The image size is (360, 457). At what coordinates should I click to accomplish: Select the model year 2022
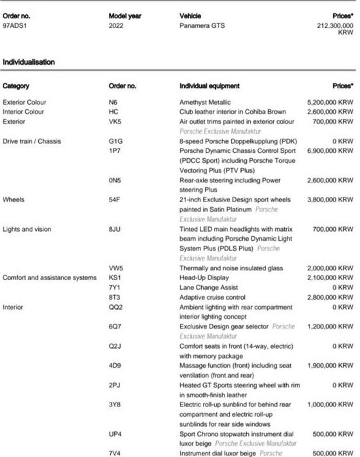(x=116, y=26)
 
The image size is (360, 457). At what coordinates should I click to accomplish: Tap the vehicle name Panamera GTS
(x=202, y=26)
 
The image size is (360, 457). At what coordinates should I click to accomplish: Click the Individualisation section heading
(x=29, y=62)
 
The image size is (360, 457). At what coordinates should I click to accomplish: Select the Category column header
(x=16, y=86)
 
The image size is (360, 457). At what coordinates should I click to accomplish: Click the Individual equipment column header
(x=209, y=86)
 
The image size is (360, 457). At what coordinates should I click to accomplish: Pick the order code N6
(x=113, y=102)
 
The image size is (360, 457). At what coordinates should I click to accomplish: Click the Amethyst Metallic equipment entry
(x=205, y=102)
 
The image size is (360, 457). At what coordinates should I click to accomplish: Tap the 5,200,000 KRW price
(x=330, y=102)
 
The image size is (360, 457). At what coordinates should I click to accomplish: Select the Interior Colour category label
(x=23, y=112)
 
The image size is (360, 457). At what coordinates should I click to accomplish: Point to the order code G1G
(x=115, y=141)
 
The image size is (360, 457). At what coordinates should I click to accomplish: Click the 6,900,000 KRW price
(x=330, y=151)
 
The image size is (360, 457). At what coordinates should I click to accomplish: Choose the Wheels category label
(x=13, y=200)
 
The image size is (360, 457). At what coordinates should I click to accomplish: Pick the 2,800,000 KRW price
(x=330, y=297)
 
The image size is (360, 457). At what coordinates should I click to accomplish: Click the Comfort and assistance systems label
(x=49, y=278)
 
